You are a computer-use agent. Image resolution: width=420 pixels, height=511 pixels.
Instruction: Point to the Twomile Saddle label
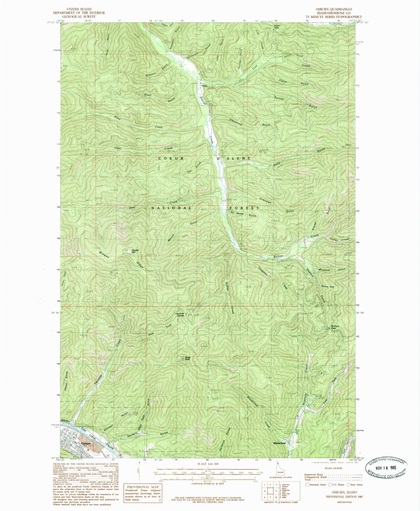coord(179,314)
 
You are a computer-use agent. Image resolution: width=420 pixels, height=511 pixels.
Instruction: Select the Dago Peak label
coord(187,358)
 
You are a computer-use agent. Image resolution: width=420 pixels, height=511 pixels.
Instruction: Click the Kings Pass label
coord(276,27)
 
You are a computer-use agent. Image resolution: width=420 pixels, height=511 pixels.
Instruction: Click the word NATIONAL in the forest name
coord(172,208)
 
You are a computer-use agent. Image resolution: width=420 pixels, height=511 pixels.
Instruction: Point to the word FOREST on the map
coord(244,208)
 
